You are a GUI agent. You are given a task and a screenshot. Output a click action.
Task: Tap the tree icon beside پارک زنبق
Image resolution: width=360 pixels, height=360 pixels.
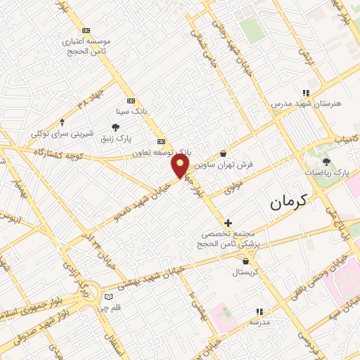tap(115, 127)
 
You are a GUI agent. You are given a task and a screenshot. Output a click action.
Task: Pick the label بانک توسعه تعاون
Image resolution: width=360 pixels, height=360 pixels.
tap(161, 151)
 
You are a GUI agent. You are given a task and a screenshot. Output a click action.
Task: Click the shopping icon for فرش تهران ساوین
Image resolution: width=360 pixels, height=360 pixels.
tap(223, 154)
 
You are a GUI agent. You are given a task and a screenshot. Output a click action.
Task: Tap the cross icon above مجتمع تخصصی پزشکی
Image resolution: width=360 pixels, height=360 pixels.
tap(228, 223)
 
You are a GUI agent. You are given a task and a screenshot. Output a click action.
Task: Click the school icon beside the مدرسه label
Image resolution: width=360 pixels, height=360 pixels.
tap(259, 311)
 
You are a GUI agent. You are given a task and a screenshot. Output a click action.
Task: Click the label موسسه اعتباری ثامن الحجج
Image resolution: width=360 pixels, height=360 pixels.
tap(86, 46)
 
